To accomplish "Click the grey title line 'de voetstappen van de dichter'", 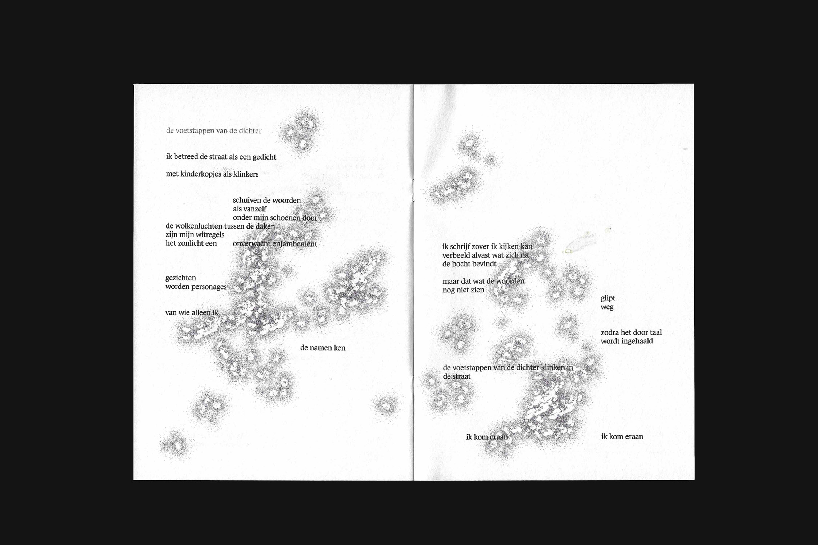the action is click(214, 131).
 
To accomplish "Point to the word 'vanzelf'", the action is click(255, 209).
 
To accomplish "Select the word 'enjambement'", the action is click(294, 244).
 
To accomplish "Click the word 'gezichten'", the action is click(181, 278).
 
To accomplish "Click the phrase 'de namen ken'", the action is click(323, 348).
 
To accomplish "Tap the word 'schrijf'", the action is click(461, 247).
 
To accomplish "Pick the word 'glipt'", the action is click(608, 299).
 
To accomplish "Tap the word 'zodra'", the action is click(610, 332).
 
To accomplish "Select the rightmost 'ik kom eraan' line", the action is click(622, 436).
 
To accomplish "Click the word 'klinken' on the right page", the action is click(553, 367).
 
